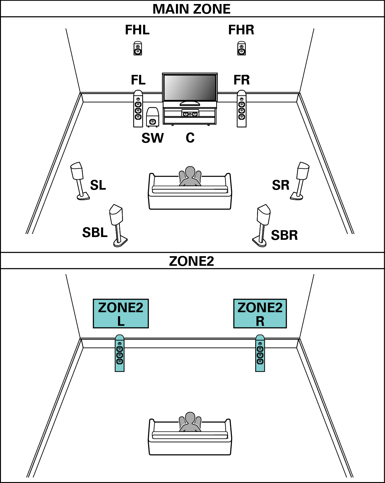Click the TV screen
[x=190, y=87]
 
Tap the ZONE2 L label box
[x=121, y=313]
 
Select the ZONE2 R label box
[x=260, y=313]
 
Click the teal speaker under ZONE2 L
[x=120, y=353]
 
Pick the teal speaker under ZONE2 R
[x=260, y=353]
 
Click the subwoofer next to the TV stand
[x=152, y=117]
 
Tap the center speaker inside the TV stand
[x=190, y=114]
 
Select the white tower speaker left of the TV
[x=138, y=109]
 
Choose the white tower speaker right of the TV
[x=242, y=109]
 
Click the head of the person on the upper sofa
[x=190, y=172]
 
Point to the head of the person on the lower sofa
[x=190, y=417]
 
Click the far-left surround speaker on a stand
[x=77, y=171]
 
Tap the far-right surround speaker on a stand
[x=303, y=171]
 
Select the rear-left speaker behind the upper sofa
[x=116, y=215]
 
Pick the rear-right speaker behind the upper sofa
[x=264, y=215]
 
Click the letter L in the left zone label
[x=121, y=321]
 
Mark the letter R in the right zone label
[x=260, y=321]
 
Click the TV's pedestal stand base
[x=190, y=104]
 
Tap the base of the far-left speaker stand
[x=83, y=196]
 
